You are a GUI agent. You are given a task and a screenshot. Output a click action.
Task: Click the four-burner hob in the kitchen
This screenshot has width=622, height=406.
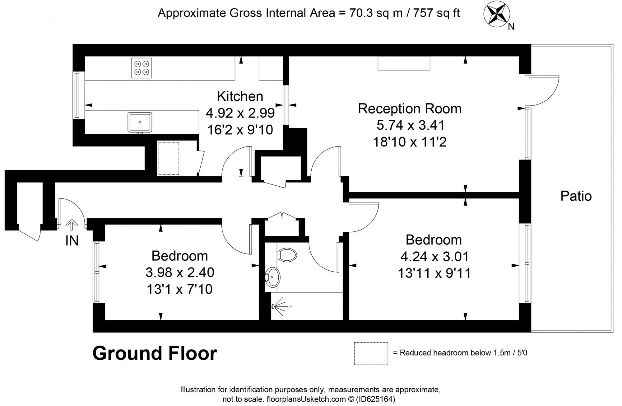pos(142,68)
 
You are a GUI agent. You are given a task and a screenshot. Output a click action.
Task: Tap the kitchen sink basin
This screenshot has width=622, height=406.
pos(140,122)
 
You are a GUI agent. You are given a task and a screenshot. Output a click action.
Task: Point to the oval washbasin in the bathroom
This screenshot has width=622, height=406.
pos(273,277)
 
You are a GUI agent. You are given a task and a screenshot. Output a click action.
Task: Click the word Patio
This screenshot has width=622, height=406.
pos(576,196)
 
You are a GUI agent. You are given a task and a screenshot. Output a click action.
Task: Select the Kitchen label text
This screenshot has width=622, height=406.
pos(240,96)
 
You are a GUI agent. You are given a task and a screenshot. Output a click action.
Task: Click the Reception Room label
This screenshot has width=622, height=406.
pos(410,109)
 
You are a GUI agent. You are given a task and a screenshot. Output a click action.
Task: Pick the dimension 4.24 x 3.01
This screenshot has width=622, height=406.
pos(434,257)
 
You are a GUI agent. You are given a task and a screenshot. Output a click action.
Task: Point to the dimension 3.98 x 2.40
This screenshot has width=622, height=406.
pos(180,273)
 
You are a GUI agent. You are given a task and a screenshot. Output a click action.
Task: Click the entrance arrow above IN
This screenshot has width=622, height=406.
pos(72,225)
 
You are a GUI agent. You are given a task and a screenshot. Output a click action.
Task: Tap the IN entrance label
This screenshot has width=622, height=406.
pos(72,241)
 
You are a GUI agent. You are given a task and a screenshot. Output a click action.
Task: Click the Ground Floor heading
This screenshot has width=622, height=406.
pos(155,353)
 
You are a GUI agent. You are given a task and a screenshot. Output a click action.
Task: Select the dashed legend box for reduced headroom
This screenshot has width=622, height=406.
pos(371,353)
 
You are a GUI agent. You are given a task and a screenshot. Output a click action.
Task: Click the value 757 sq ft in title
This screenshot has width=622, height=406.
pos(436,13)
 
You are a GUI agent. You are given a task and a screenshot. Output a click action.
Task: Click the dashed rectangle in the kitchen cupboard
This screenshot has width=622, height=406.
pos(169,158)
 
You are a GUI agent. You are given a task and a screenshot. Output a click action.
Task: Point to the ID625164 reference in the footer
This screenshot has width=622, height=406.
pos(376,399)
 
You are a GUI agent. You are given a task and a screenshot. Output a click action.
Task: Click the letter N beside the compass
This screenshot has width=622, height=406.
pos(511,27)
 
